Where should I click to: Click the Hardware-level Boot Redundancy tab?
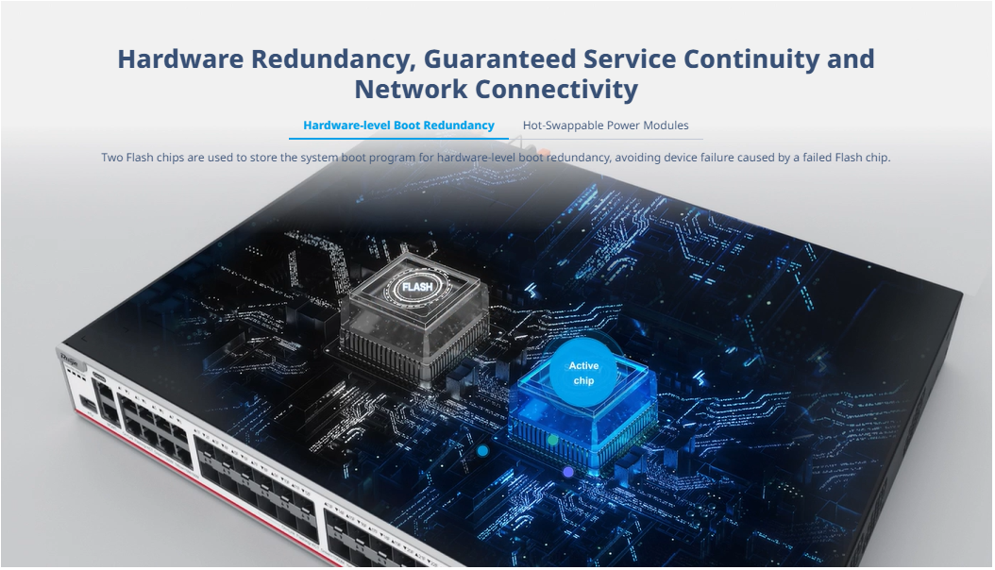pyautogui.click(x=398, y=126)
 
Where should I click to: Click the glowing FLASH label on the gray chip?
pyautogui.click(x=416, y=286)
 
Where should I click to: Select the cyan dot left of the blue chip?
pyautogui.click(x=482, y=451)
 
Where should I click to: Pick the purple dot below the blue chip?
pyautogui.click(x=568, y=471)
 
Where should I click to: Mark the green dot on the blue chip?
pyautogui.click(x=553, y=440)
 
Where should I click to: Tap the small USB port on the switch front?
pyautogui.click(x=87, y=404)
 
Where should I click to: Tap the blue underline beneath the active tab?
pyautogui.click(x=398, y=139)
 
